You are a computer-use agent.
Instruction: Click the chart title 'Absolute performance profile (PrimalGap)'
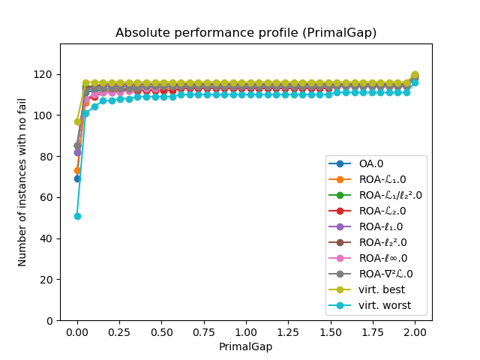246,33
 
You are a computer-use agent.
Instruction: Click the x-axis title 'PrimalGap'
246,347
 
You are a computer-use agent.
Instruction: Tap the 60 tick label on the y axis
48,197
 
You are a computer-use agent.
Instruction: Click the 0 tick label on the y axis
51,320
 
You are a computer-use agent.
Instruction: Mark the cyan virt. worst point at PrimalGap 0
77,216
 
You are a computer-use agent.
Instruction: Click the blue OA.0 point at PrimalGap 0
77,178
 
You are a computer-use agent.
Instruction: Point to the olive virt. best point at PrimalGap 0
77,121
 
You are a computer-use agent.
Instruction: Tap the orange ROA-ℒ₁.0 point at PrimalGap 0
77,170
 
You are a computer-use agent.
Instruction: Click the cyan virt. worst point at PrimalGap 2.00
415,82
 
